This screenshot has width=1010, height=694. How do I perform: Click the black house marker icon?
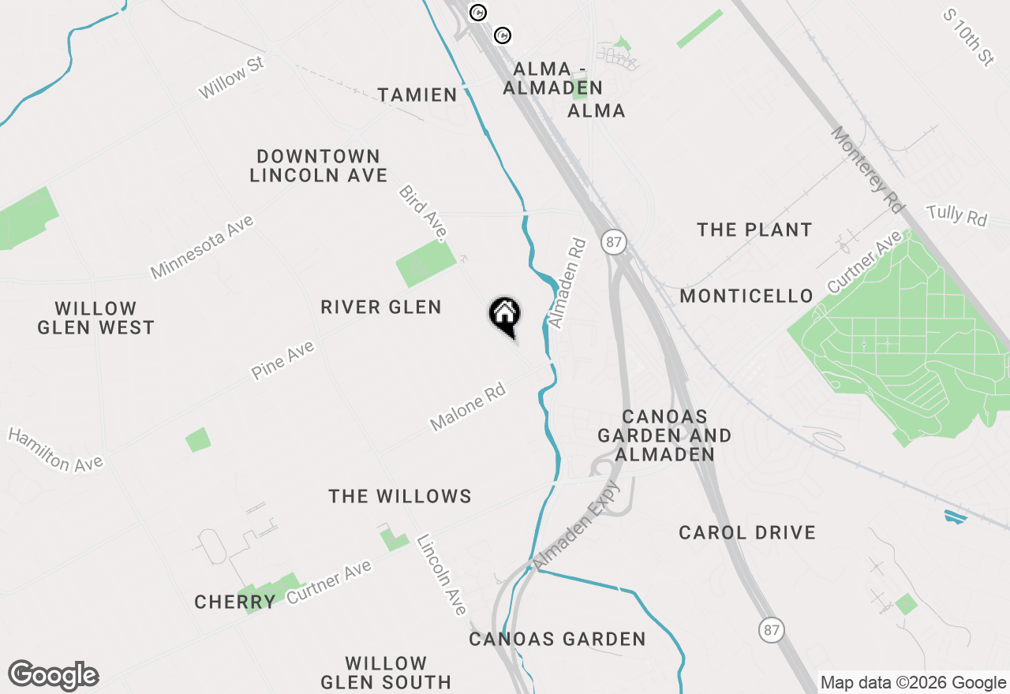[505, 315]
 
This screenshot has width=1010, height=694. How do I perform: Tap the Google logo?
[53, 676]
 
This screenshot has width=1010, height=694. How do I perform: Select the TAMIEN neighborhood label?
[417, 95]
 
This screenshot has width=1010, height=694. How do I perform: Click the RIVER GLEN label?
[381, 307]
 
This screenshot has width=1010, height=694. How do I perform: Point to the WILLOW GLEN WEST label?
[96, 318]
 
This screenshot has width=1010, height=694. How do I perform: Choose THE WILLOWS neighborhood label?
[400, 496]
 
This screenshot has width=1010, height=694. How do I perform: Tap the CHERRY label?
[235, 603]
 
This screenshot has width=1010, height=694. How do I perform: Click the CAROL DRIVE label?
[747, 533]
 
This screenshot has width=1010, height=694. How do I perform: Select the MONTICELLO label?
[746, 297]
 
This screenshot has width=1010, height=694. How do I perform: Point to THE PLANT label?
[754, 230]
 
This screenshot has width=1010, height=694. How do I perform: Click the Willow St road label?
[230, 77]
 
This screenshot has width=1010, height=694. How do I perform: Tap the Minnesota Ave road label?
[203, 247]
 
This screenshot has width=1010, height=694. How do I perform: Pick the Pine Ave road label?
[283, 360]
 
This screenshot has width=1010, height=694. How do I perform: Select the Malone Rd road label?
[467, 407]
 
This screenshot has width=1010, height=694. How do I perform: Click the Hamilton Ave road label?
[55, 450]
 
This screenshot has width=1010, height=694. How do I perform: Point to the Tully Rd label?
[956, 215]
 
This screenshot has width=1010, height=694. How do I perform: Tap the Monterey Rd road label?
[866, 170]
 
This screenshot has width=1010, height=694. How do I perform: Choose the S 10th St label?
[969, 37]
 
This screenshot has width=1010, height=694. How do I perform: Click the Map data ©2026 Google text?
[913, 683]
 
